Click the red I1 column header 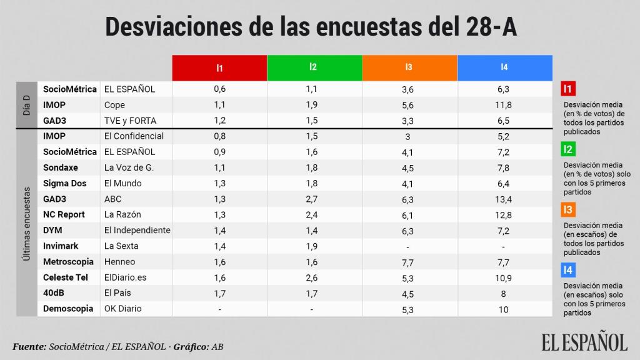pyautogui.click(x=219, y=67)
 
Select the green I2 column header pyautogui.click(x=314, y=67)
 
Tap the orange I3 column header pyautogui.click(x=409, y=67)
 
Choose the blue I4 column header pyautogui.click(x=504, y=67)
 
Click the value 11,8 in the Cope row pyautogui.click(x=504, y=105)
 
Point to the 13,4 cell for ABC pyautogui.click(x=504, y=199)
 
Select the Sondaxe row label pyautogui.click(x=61, y=167)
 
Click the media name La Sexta pyautogui.click(x=121, y=246)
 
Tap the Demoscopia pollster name pyautogui.click(x=68, y=308)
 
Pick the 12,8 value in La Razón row pyautogui.click(x=504, y=214)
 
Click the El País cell pyautogui.click(x=117, y=292)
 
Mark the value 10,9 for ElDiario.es pyautogui.click(x=504, y=277)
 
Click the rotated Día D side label pyautogui.click(x=27, y=105)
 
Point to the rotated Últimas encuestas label pyautogui.click(x=27, y=222)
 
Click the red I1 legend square pyautogui.click(x=569, y=89)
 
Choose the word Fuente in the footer pyautogui.click(x=29, y=346)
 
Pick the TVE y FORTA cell pyautogui.click(x=130, y=121)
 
